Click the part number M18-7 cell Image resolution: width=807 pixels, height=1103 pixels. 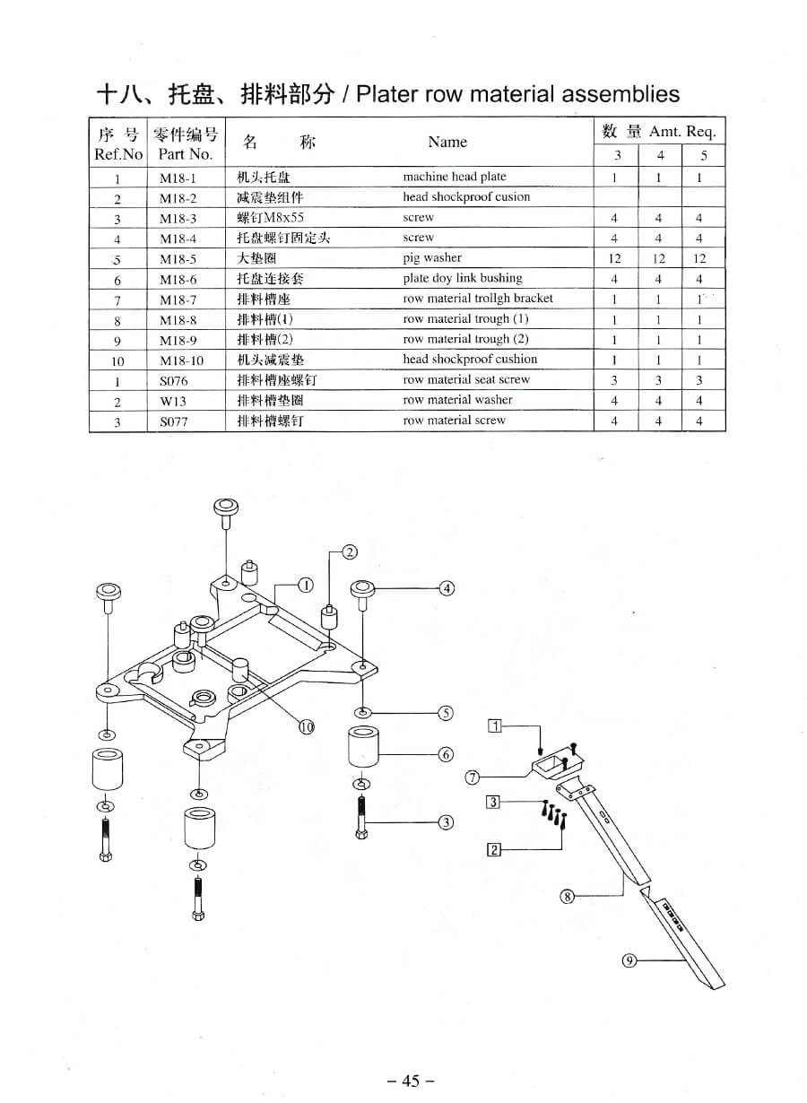(x=178, y=300)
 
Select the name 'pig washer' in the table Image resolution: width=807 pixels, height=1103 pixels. (x=432, y=258)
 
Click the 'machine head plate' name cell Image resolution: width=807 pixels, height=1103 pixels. (x=454, y=177)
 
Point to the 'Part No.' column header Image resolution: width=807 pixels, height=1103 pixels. (x=186, y=154)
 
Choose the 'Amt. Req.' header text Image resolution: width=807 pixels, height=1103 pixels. (x=682, y=132)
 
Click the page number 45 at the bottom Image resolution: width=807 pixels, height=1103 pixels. (x=411, y=1081)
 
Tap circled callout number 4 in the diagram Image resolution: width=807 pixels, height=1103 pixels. (x=447, y=588)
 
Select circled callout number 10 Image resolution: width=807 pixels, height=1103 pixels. (x=307, y=726)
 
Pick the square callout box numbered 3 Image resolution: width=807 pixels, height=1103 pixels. (x=492, y=801)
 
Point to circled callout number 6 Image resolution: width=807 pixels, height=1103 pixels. (x=447, y=754)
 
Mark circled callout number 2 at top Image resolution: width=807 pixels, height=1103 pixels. (x=350, y=551)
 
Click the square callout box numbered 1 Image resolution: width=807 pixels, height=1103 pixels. (x=494, y=726)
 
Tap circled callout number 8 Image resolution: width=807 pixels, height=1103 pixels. (x=567, y=895)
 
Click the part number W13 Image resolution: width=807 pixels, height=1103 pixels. (x=173, y=401)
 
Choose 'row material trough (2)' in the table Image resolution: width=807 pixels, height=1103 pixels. (x=465, y=339)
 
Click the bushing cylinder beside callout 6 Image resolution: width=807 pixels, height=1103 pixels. (x=365, y=747)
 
